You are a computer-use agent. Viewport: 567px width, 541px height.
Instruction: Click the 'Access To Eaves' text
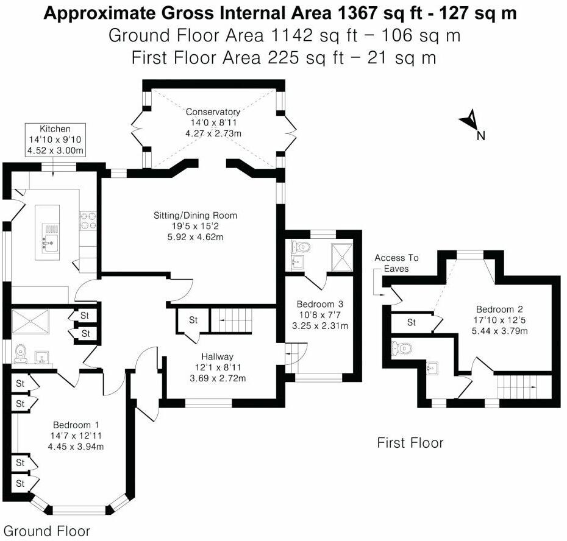click(396, 263)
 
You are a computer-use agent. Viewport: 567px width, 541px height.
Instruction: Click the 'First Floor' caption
click(410, 443)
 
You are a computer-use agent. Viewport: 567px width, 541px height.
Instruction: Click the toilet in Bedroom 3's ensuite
click(301, 247)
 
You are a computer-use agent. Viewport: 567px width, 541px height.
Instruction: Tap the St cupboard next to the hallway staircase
click(193, 320)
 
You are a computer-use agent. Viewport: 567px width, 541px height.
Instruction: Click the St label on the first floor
click(411, 322)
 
